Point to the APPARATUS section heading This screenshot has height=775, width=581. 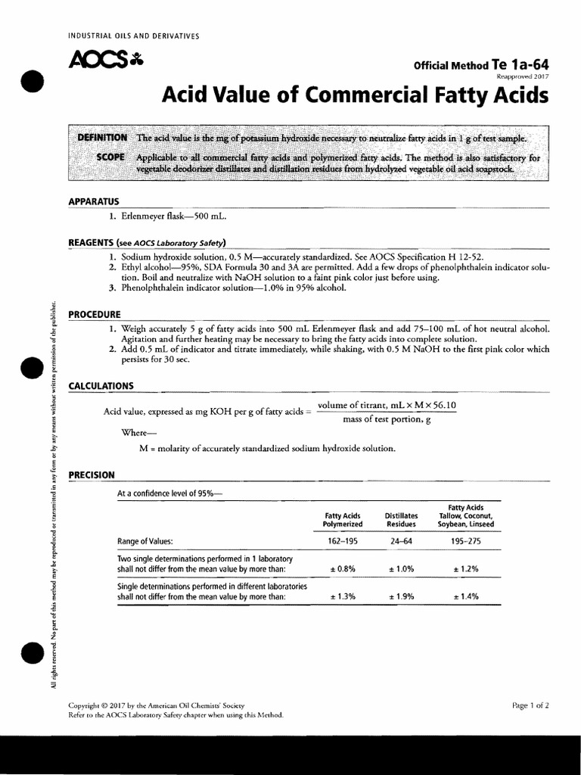(94, 201)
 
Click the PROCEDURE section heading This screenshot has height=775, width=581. (95, 314)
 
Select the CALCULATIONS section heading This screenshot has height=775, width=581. (101, 386)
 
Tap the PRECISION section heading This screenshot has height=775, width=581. (92, 475)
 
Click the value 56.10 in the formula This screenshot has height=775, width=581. (443, 406)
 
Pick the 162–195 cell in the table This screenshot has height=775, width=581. (343, 542)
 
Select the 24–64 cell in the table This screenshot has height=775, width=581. (401, 542)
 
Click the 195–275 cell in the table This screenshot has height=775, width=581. (466, 542)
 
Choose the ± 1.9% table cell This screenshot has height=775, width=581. (401, 596)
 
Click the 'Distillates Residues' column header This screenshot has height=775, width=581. (401, 519)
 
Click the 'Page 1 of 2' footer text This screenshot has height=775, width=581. (530, 705)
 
